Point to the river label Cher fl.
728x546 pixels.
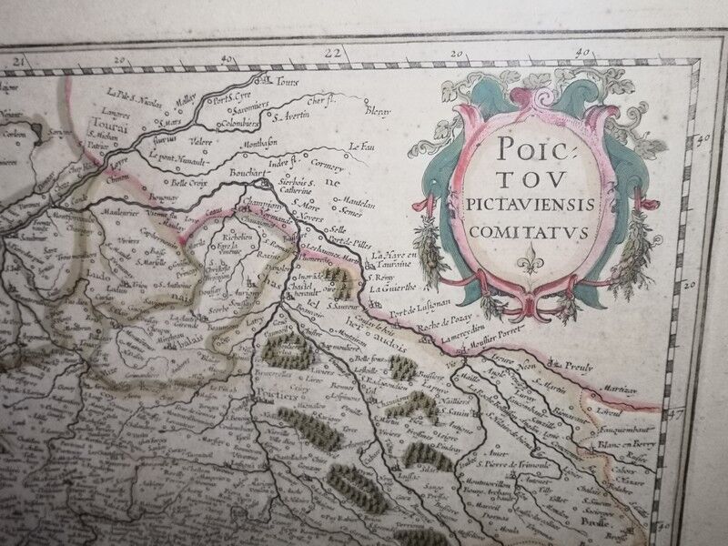point(324,102)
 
